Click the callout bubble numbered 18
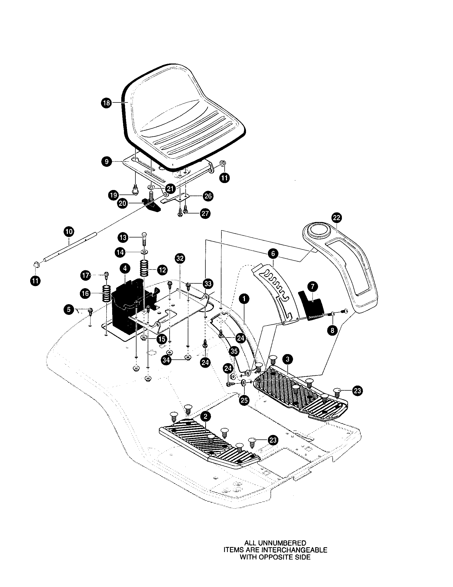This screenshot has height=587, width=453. click(x=107, y=103)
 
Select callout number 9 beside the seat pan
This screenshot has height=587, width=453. click(x=107, y=162)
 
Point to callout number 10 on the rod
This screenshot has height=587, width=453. click(x=69, y=232)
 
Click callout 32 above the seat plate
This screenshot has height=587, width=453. click(x=180, y=258)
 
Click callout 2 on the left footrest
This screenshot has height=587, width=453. click(x=205, y=417)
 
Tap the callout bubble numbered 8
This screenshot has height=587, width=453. click(x=332, y=330)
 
